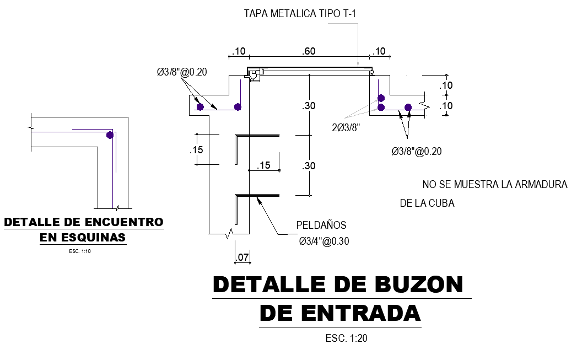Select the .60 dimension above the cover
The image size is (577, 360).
[309, 51]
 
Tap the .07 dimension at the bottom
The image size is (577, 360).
[242, 257]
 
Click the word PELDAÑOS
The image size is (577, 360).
[321, 225]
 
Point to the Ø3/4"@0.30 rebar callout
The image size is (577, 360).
[324, 241]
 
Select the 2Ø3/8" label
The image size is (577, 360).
[346, 127]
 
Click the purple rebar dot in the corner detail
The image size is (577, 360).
[110, 135]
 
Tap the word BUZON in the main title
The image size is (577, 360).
[418, 284]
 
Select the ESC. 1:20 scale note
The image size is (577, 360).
[346, 338]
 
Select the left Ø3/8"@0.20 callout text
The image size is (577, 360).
[181, 72]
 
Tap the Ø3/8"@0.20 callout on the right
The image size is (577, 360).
[417, 152]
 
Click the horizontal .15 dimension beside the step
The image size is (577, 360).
[264, 165]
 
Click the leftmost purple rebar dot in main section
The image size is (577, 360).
[200, 106]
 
